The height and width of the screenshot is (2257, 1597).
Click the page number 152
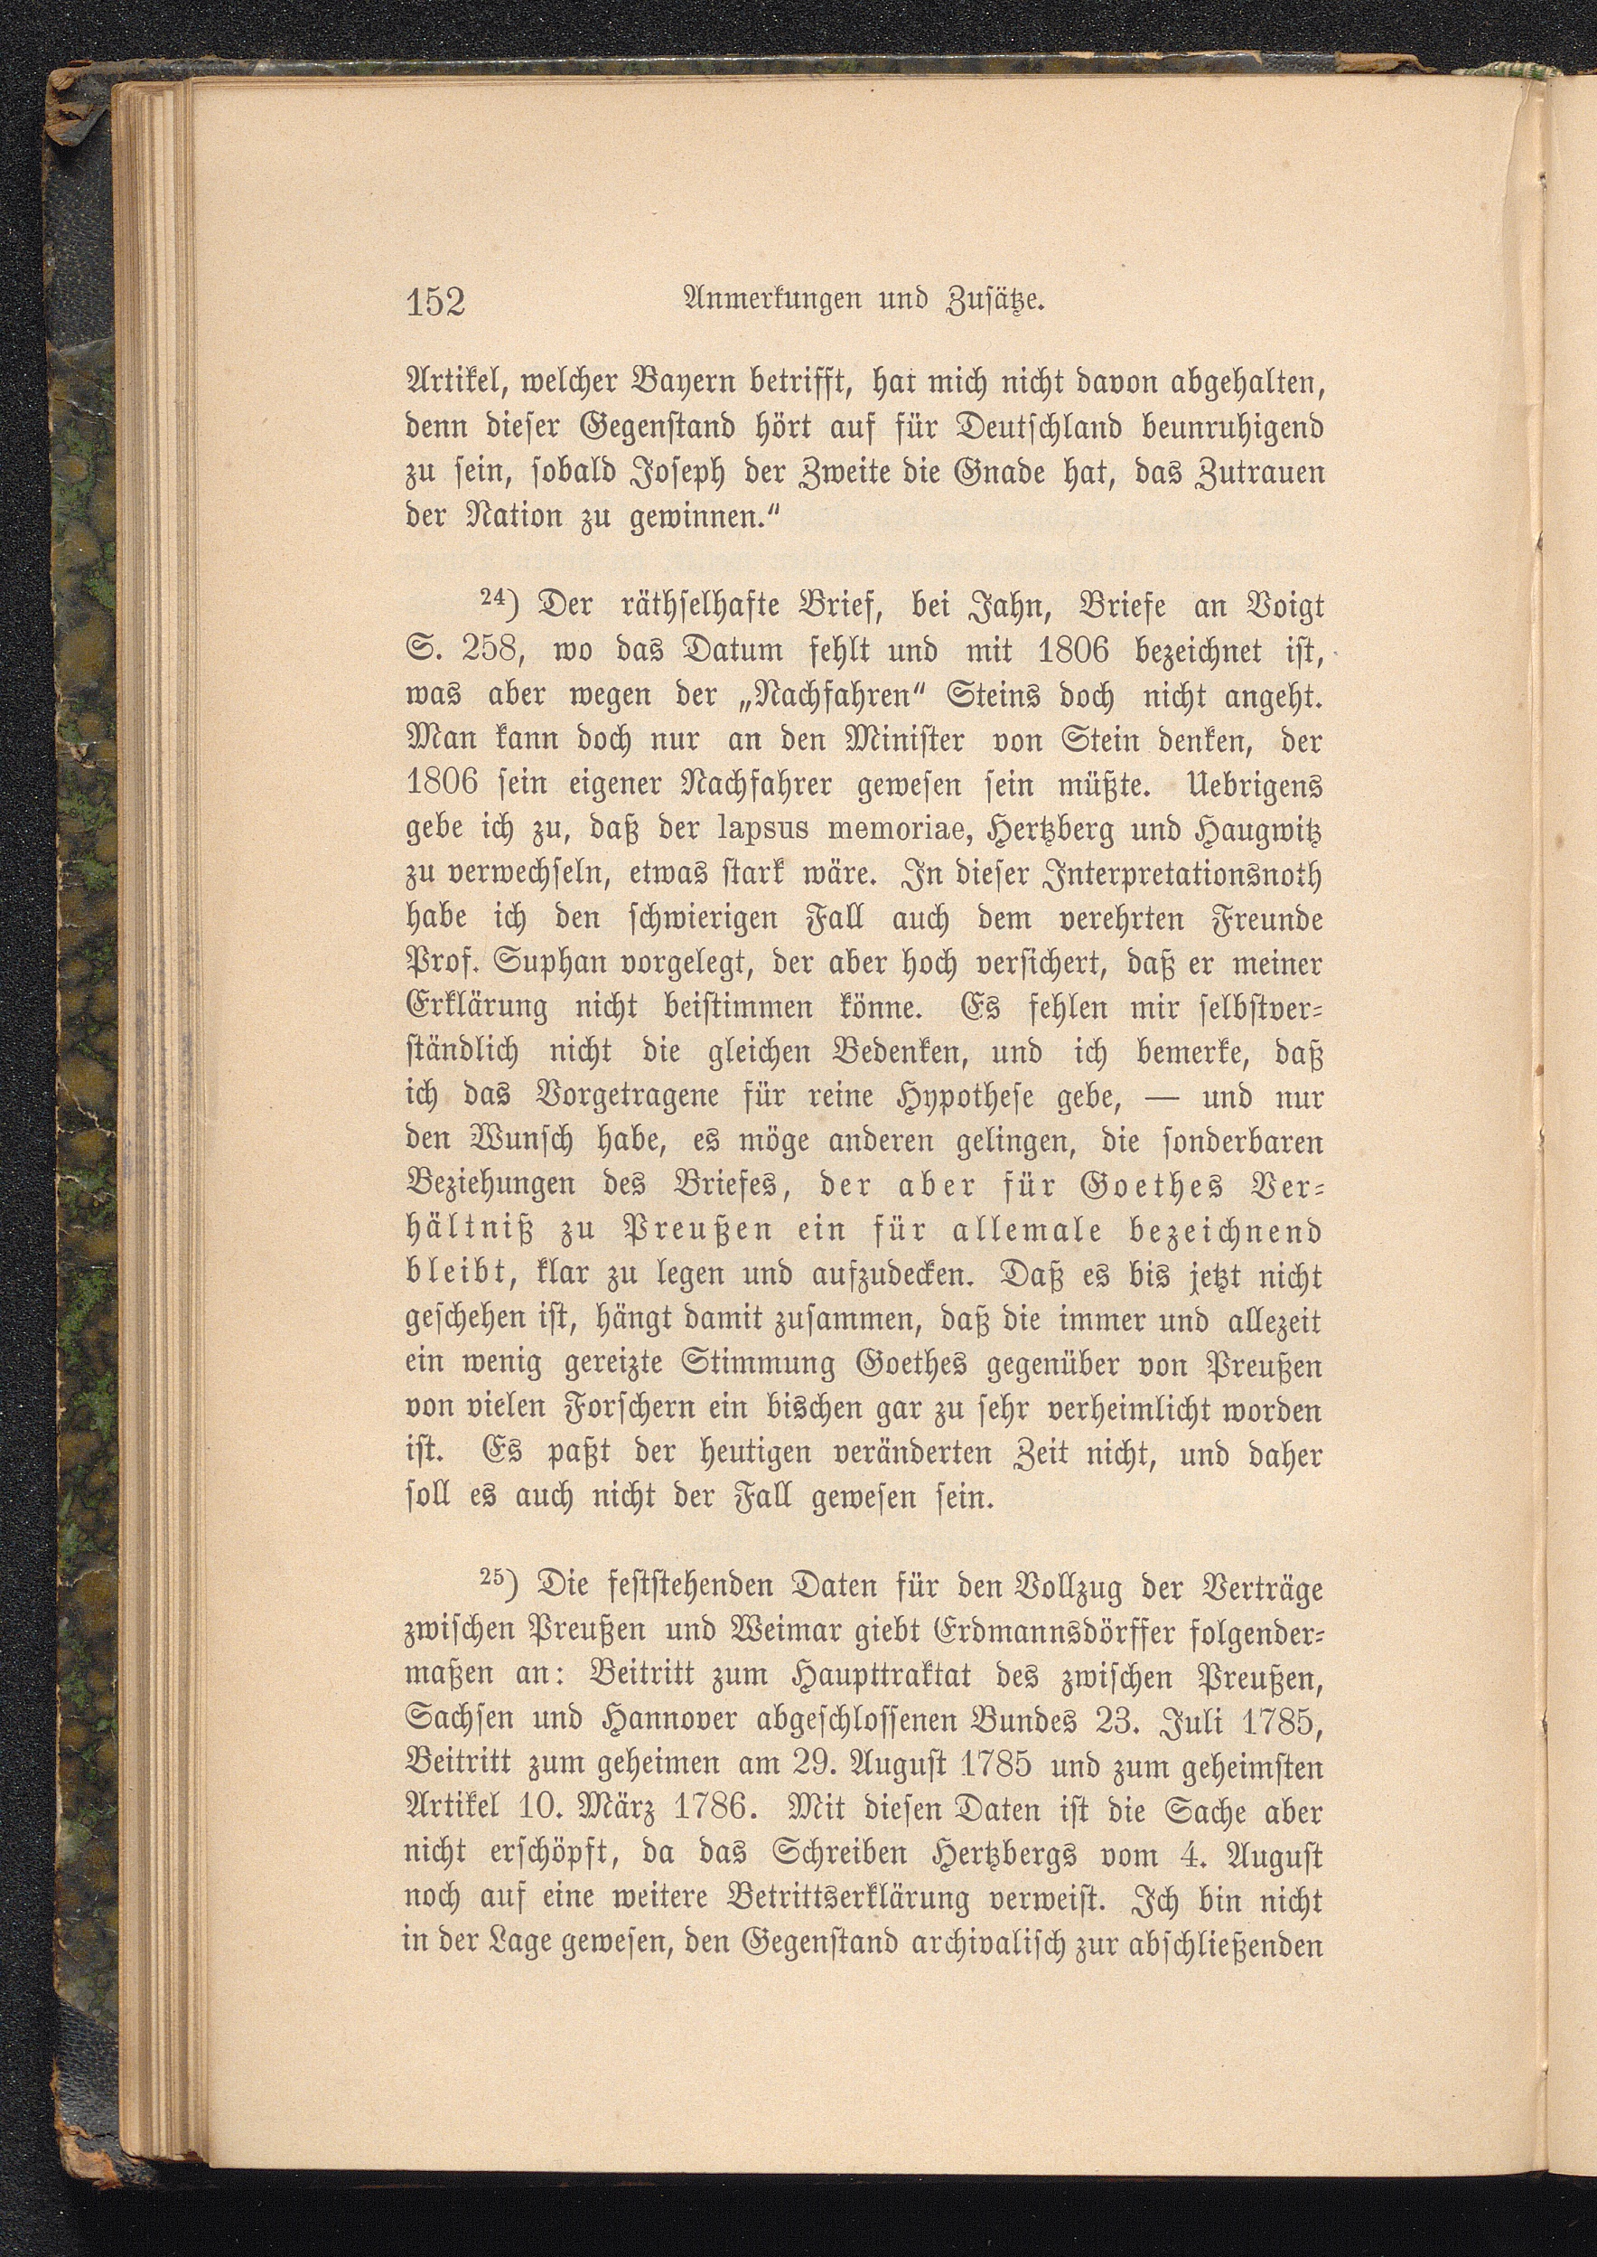[x=434, y=301]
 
